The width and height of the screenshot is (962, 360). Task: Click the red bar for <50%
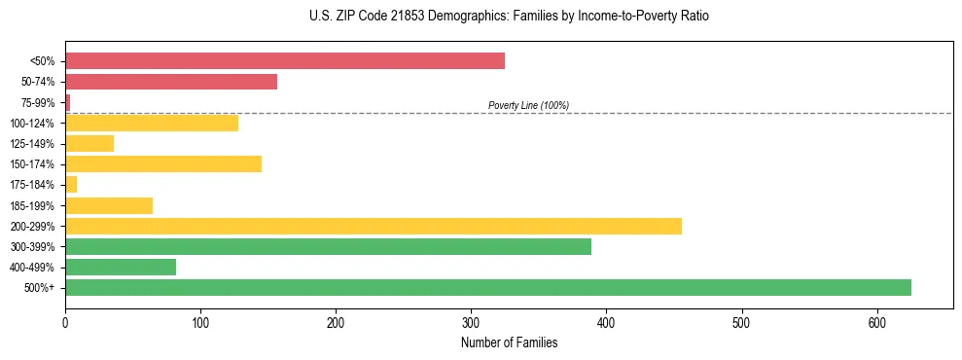(x=285, y=61)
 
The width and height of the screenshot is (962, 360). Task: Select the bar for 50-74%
(x=171, y=82)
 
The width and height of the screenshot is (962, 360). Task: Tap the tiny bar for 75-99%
(x=67, y=102)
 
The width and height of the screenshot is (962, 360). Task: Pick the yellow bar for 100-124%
(x=152, y=123)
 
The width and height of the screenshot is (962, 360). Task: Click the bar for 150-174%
(x=163, y=163)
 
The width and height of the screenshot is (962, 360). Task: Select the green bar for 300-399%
(x=328, y=246)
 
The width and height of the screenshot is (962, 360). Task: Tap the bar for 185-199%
(x=109, y=205)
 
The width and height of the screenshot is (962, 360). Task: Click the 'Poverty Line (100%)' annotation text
(x=528, y=105)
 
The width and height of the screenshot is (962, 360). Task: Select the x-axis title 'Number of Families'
(x=509, y=342)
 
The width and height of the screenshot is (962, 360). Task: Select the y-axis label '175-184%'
(x=34, y=185)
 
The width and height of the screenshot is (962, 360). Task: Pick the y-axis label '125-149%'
(x=34, y=144)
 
